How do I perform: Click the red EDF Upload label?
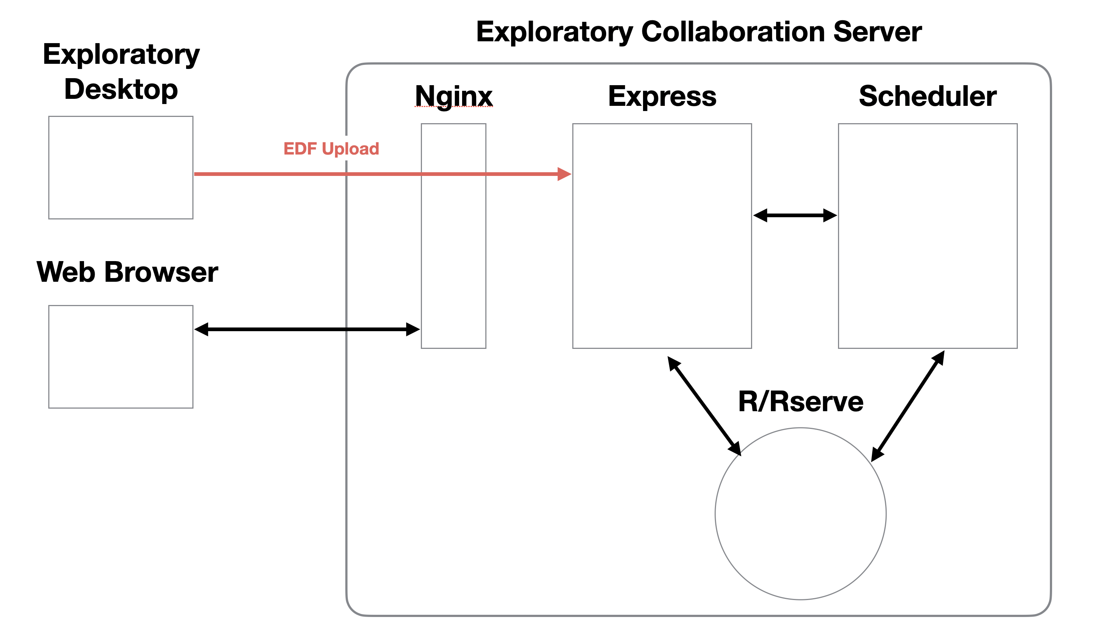pos(331,149)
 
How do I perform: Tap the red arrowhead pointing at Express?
pos(564,174)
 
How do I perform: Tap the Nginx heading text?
pos(454,96)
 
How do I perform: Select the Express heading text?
pos(662,96)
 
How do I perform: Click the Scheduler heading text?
pos(928,96)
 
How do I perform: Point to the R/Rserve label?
pos(801,402)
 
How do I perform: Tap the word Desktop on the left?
pos(121,90)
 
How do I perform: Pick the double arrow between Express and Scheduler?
pos(795,215)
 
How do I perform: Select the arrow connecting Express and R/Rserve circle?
pos(704,406)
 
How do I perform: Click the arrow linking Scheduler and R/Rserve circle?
pos(908,406)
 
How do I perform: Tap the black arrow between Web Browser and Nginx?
pos(307,329)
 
